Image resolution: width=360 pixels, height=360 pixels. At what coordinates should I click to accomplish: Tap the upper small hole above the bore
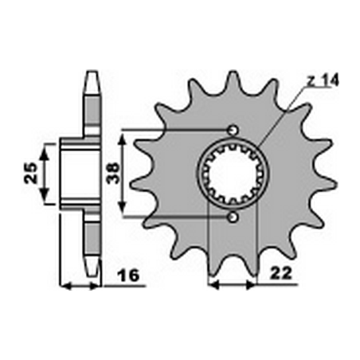[232, 130]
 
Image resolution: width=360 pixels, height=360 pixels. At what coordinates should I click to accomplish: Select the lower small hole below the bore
[232, 217]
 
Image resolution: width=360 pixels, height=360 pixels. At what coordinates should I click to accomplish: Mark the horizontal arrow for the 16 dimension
[81, 284]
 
